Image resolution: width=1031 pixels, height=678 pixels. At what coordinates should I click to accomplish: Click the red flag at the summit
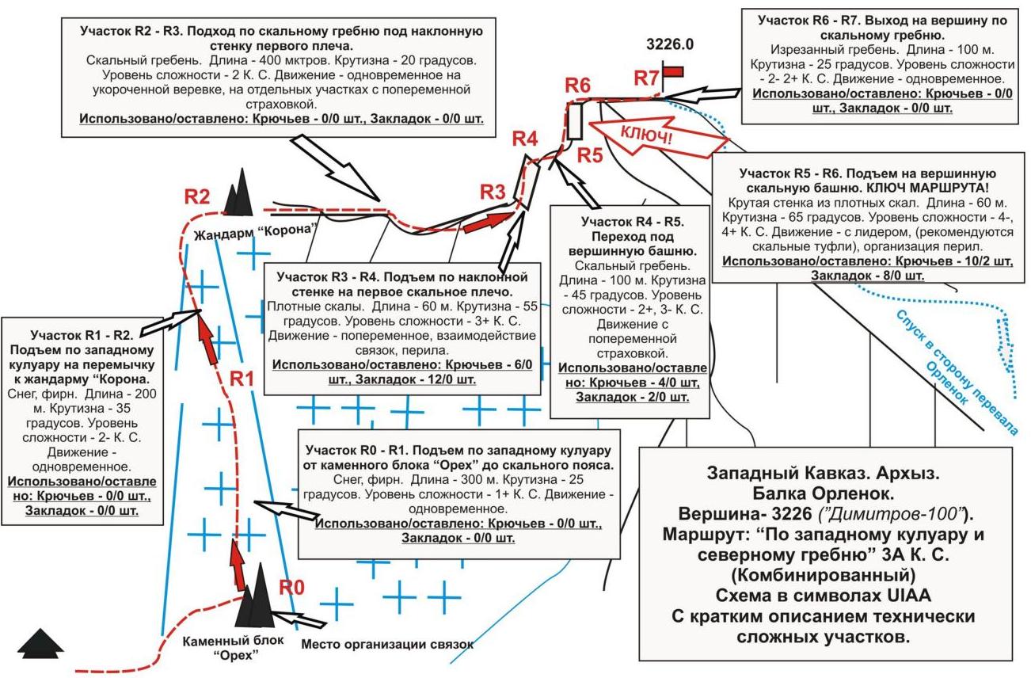point(673,71)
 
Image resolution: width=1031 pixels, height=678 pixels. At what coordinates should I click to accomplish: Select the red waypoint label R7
point(646,78)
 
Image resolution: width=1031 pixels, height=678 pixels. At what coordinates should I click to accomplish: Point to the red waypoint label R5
point(589,154)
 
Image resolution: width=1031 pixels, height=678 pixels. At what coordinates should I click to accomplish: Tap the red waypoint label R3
point(493,192)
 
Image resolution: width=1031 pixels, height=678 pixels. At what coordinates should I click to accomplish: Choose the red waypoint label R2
point(197,196)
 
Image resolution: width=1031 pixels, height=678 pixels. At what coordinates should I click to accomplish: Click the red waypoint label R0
point(291,588)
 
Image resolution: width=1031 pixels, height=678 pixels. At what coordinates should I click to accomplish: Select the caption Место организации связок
point(387,644)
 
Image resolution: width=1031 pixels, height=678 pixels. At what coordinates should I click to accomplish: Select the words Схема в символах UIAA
point(826,596)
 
